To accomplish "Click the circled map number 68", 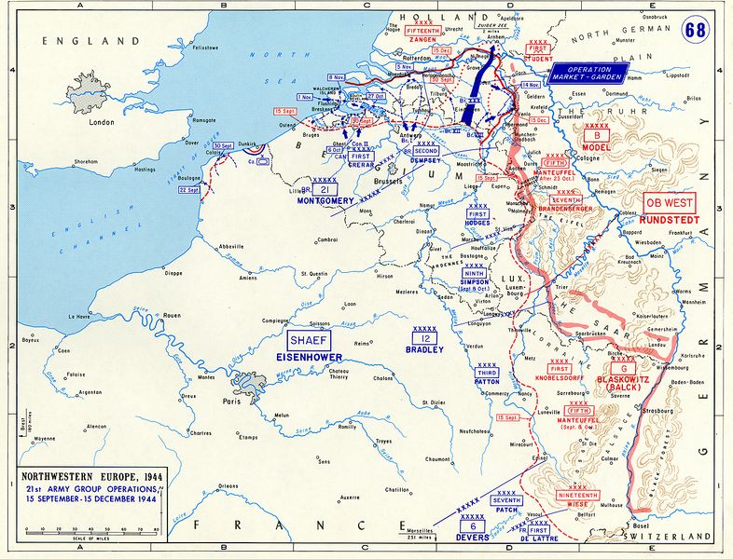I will (695, 29).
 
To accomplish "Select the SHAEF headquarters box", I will (308, 340).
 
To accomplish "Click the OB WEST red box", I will (670, 203).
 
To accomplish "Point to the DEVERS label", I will (473, 537).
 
